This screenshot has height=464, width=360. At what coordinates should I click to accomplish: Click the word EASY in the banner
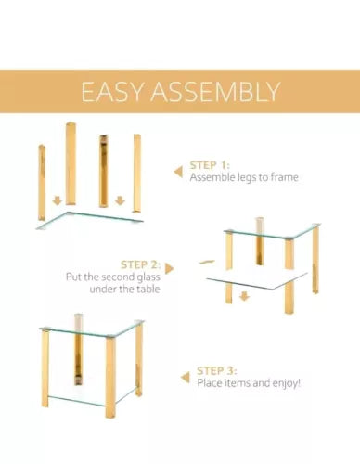(112, 92)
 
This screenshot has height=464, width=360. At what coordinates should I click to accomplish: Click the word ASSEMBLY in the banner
(215, 92)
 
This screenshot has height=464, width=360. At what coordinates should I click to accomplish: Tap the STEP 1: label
(210, 165)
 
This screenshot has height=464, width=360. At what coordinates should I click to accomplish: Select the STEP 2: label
(141, 265)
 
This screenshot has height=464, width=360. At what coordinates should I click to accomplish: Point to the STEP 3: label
(217, 370)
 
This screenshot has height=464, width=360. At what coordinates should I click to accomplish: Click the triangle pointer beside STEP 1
(178, 172)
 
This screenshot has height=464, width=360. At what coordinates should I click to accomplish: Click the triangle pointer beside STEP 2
(169, 268)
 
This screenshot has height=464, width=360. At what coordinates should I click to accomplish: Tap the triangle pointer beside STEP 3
(186, 378)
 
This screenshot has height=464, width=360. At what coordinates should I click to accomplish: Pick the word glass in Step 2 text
(148, 277)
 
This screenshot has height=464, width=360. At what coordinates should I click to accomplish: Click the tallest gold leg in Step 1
(71, 164)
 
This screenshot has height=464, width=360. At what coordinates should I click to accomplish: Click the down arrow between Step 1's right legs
(120, 200)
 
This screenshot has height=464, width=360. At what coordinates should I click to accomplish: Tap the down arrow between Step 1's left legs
(57, 200)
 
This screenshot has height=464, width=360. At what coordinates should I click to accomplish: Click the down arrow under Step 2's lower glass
(244, 296)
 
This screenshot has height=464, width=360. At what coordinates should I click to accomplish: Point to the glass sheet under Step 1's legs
(90, 220)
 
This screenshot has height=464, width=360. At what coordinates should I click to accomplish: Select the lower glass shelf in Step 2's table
(257, 280)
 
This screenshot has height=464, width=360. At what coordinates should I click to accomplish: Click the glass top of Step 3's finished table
(92, 329)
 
